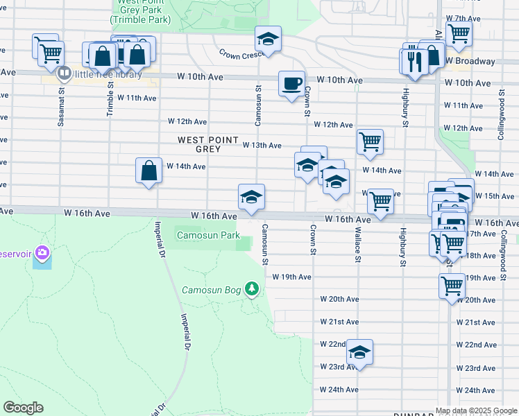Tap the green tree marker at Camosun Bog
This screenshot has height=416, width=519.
click(x=253, y=288)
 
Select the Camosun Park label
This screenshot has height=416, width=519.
click(x=208, y=236)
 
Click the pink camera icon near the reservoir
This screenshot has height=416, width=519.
click(x=42, y=254)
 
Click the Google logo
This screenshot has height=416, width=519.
click(x=23, y=408)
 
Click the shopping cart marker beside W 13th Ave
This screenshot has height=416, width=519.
click(x=370, y=141)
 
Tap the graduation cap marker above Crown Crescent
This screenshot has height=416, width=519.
click(x=267, y=38)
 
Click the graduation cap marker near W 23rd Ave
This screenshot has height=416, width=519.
click(x=360, y=353)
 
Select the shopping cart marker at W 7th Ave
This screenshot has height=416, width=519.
click(x=459, y=33)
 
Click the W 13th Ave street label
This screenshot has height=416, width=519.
click(x=262, y=145)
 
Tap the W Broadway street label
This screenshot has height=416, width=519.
click(x=471, y=61)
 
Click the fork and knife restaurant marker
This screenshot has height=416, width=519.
click(x=411, y=60)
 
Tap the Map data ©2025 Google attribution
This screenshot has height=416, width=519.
click(x=475, y=410)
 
